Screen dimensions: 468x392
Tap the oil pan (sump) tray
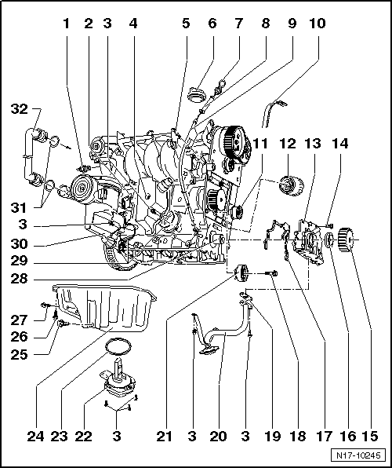tap(102, 310)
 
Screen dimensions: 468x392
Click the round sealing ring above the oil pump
tap(118, 346)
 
